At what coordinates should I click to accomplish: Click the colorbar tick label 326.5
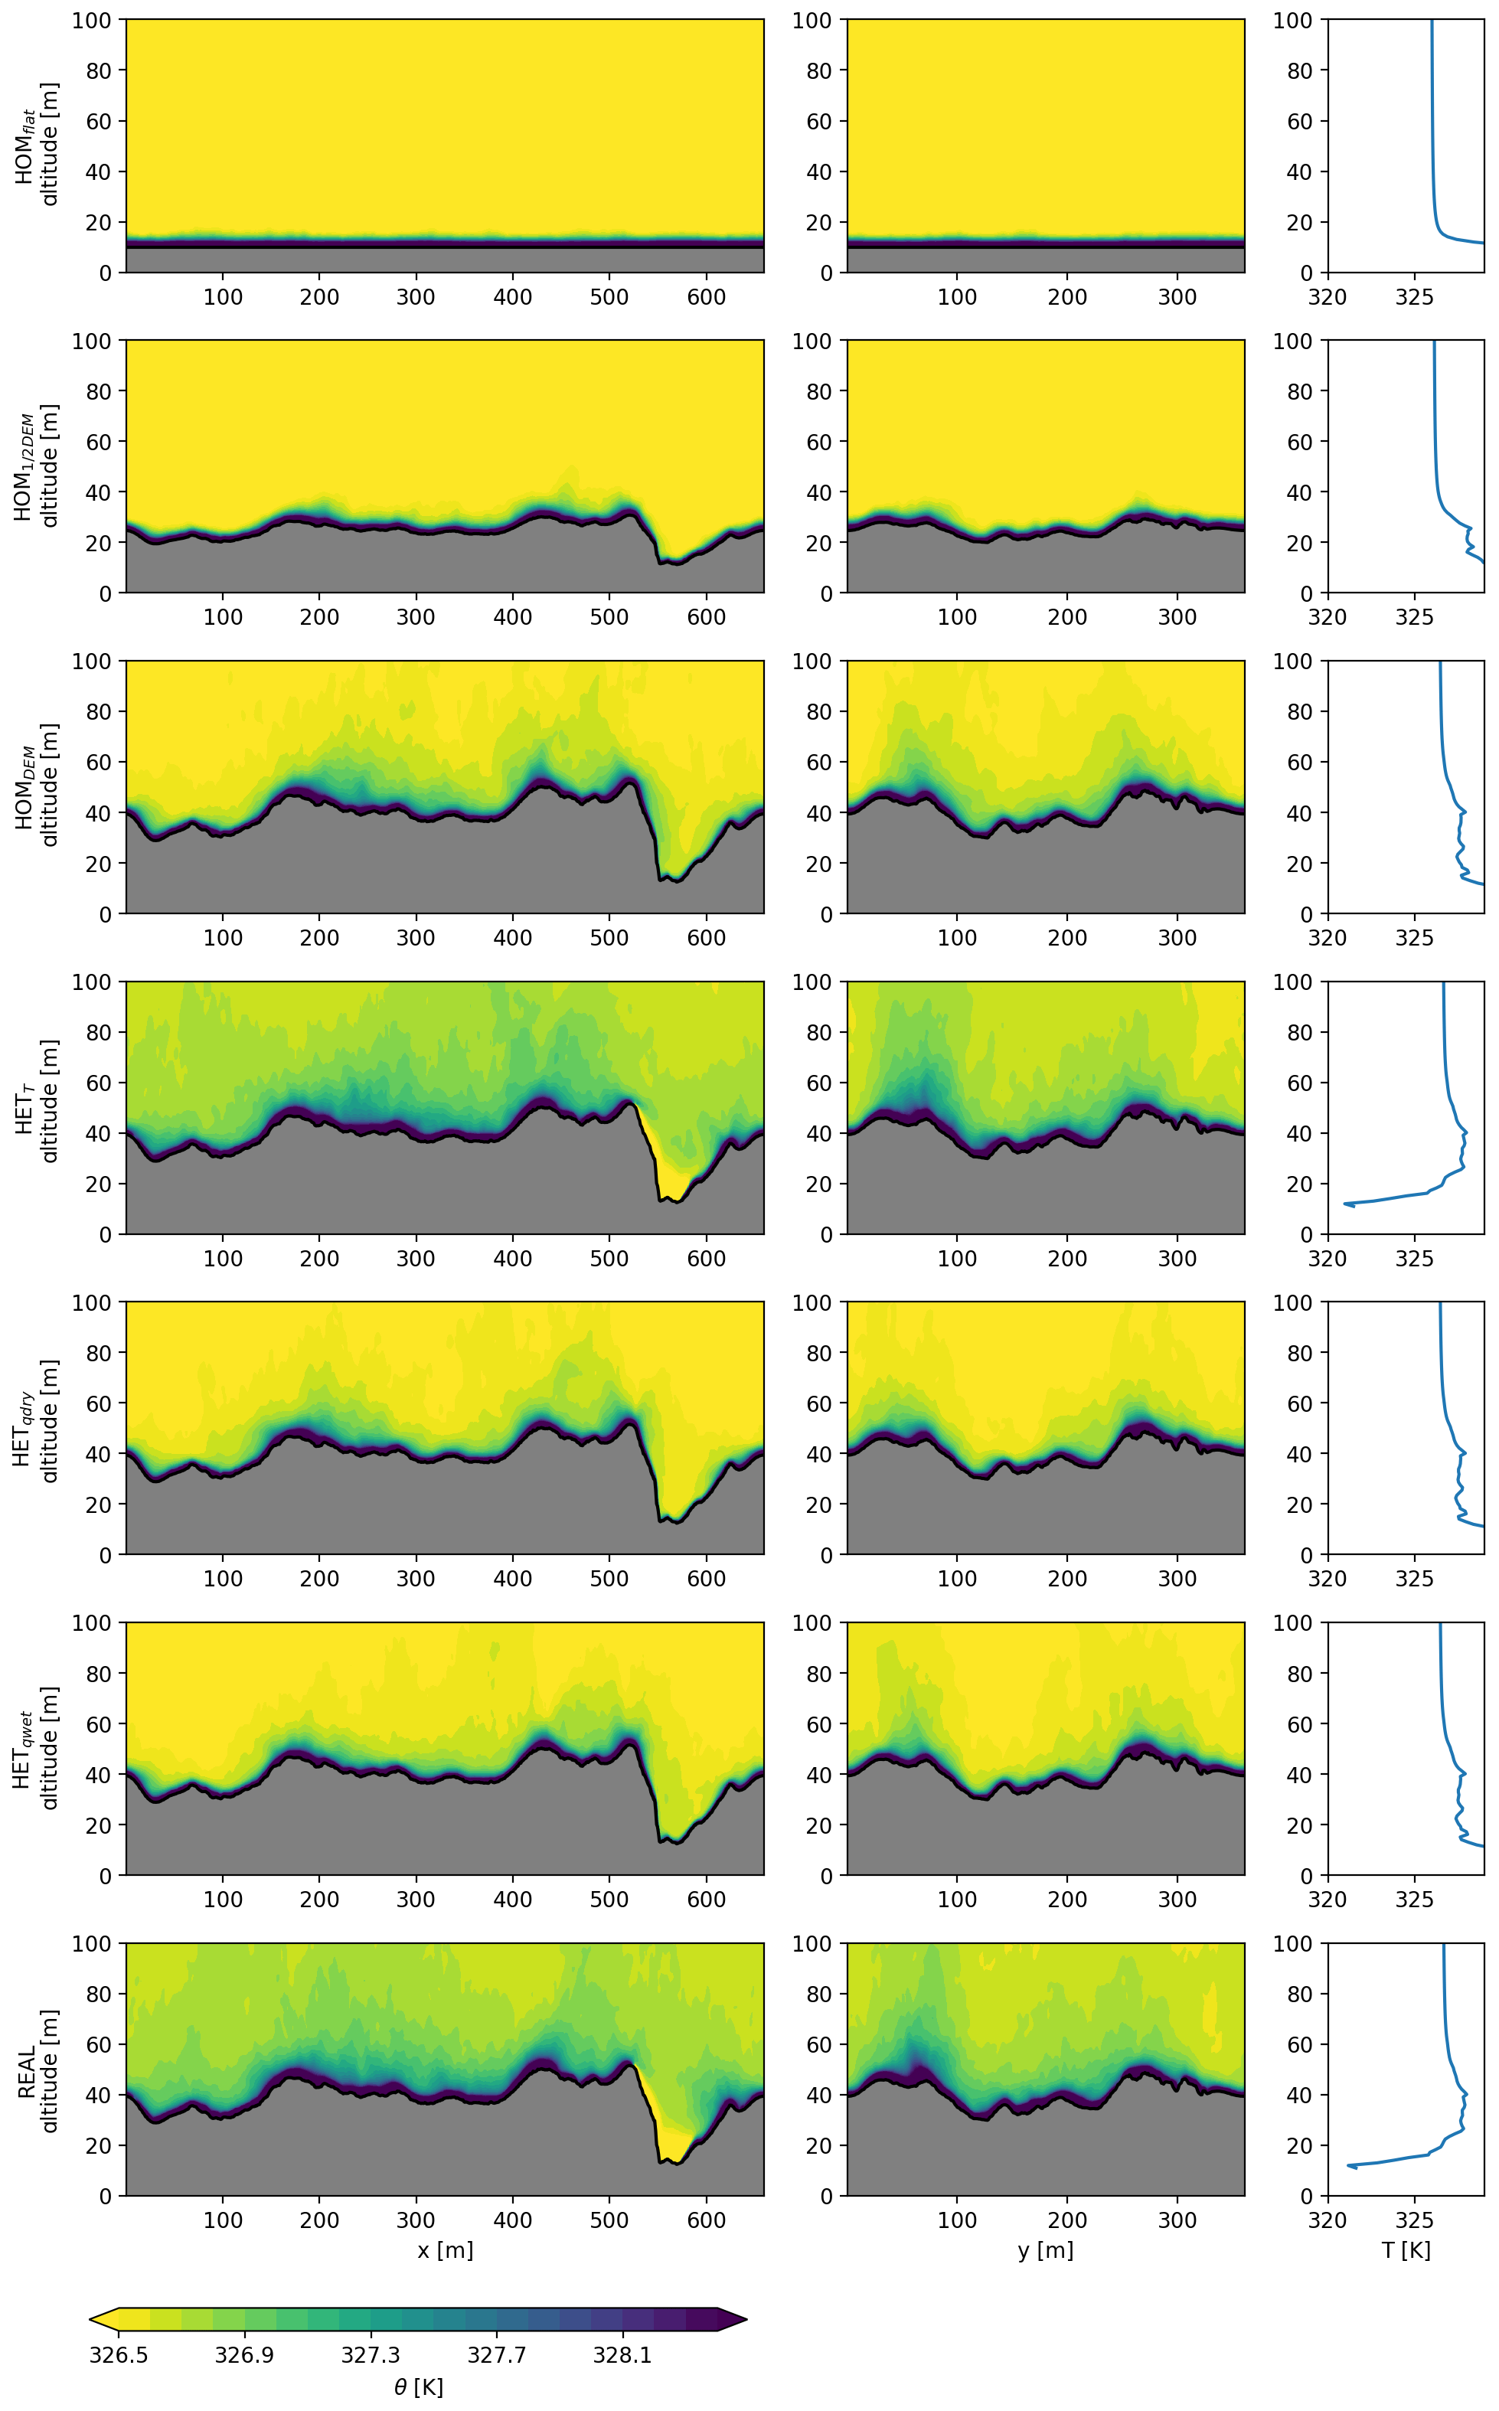[x=118, y=2354]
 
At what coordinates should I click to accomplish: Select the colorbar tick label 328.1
[x=622, y=2354]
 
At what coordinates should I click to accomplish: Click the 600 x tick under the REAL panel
[x=706, y=2220]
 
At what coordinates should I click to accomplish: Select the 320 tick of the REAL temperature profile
[x=1328, y=2220]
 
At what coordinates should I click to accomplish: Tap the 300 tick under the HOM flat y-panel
[x=1177, y=296]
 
